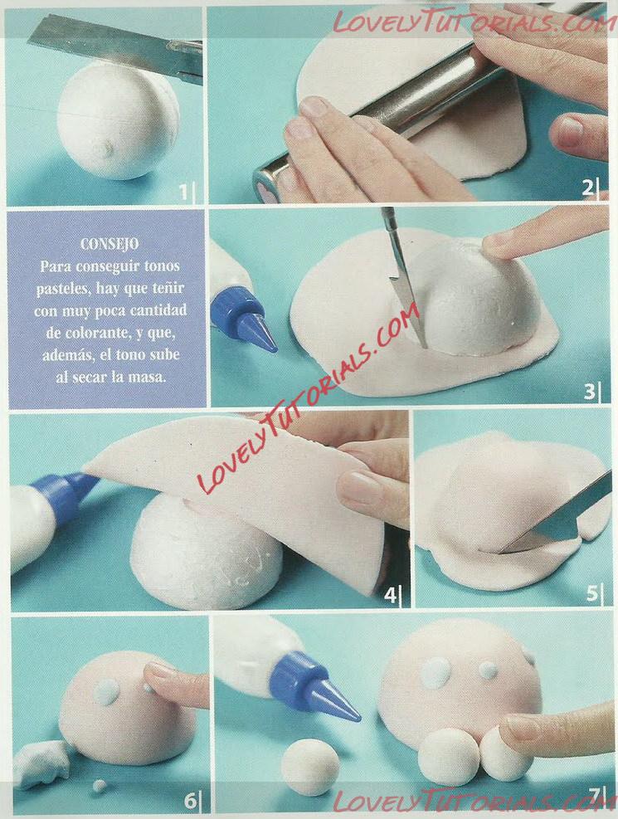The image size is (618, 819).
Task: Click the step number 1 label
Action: click(x=183, y=193)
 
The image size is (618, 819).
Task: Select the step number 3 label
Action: click(x=589, y=391)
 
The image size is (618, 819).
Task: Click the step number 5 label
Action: click(x=591, y=594)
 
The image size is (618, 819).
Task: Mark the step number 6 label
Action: click(x=190, y=800)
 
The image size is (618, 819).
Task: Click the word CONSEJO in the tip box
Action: click(x=109, y=244)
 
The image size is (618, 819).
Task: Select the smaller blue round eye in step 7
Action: click(x=488, y=670)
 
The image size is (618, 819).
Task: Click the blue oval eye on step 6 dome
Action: click(x=108, y=693)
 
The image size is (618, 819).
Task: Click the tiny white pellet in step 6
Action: click(x=99, y=785)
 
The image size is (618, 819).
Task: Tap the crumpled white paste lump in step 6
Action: click(x=41, y=763)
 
